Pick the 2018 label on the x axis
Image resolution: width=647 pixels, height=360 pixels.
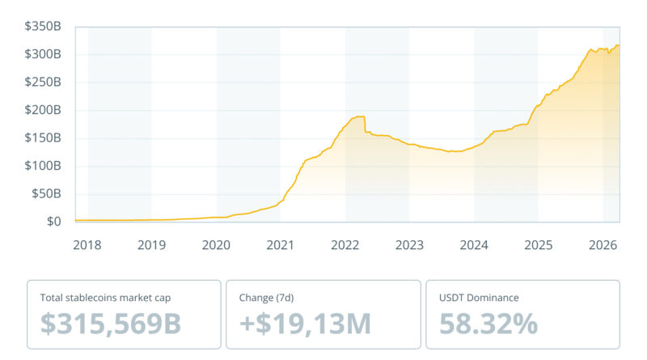pos(87,245)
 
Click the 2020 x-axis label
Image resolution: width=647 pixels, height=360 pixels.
pos(216,245)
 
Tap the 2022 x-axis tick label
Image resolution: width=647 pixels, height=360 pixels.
pos(345,245)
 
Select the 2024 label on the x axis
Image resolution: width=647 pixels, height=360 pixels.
pos(474,245)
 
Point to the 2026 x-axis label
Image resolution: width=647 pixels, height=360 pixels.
pos(603,245)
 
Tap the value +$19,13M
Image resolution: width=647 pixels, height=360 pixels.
pos(306,324)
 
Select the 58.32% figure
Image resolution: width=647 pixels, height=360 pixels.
pos(488,324)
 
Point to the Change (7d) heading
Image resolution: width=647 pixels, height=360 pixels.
pos(269,298)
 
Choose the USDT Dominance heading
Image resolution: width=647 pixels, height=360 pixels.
pos(479,298)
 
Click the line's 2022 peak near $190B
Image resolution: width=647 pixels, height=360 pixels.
pos(360,116)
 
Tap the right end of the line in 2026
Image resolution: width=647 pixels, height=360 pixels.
pos(619,45)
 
